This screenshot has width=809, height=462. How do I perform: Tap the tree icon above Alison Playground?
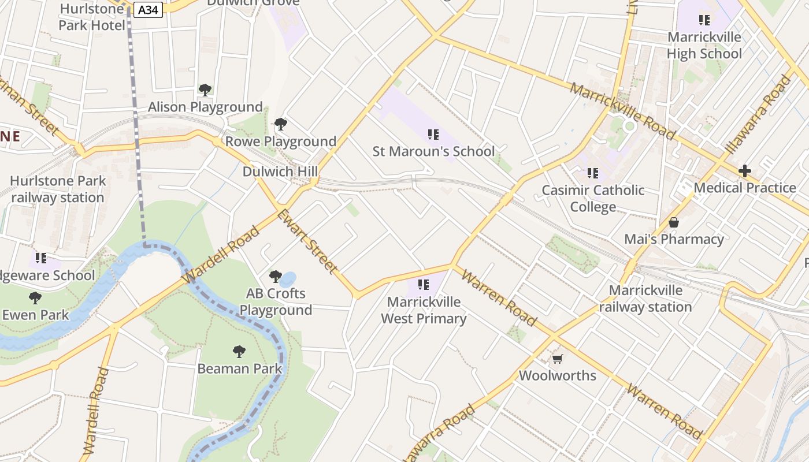pyautogui.click(x=205, y=90)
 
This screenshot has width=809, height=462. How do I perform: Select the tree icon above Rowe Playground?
pyautogui.click(x=281, y=124)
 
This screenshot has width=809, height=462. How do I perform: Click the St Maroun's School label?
pyautogui.click(x=433, y=151)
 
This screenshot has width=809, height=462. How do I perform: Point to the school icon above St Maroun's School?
pyautogui.click(x=433, y=135)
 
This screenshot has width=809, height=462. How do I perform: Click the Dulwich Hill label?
pyautogui.click(x=280, y=172)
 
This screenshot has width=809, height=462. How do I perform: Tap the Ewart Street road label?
pyautogui.click(x=307, y=241)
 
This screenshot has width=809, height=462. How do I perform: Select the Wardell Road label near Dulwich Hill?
pyautogui.click(x=221, y=255)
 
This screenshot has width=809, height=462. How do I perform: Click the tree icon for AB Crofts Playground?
pyautogui.click(x=276, y=277)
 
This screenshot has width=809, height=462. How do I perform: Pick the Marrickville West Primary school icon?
pyautogui.click(x=424, y=284)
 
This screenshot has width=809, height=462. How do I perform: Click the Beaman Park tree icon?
pyautogui.click(x=239, y=351)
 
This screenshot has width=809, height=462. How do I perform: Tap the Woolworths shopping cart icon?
pyautogui.click(x=558, y=359)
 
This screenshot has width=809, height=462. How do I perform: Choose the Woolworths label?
pyautogui.click(x=558, y=375)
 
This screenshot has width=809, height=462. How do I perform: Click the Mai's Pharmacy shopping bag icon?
pyautogui.click(x=674, y=222)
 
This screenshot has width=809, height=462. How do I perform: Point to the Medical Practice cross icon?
pyautogui.click(x=745, y=171)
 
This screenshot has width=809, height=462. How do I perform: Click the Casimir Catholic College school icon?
pyautogui.click(x=593, y=173)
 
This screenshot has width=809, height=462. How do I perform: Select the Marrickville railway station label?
pyautogui.click(x=645, y=299)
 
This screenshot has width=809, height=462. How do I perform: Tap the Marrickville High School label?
pyautogui.click(x=704, y=45)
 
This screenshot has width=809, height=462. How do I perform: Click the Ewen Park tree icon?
pyautogui.click(x=35, y=298)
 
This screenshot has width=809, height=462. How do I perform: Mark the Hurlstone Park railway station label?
pyautogui.click(x=58, y=189)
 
